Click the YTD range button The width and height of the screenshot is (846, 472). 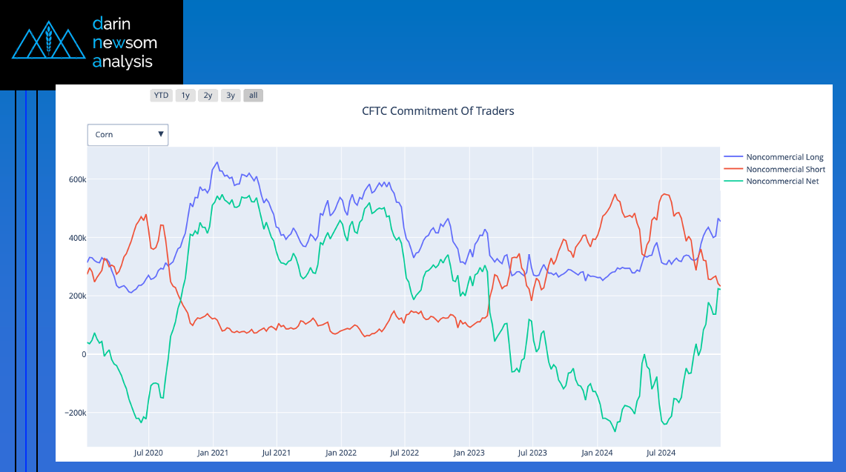[x=161, y=96]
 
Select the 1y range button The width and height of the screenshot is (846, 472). [x=185, y=96]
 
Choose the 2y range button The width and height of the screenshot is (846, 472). [x=208, y=96]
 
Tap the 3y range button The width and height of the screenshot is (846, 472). [x=231, y=96]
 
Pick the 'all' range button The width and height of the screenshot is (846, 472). [x=254, y=96]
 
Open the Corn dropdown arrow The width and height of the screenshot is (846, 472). [x=160, y=135]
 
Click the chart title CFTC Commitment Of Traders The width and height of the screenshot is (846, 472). [x=437, y=111]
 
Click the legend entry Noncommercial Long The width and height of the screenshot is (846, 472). [x=784, y=157]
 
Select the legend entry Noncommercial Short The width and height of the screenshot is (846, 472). [x=785, y=169]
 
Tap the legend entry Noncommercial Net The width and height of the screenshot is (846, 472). [x=782, y=181]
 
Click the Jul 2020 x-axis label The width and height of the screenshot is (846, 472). [x=148, y=452]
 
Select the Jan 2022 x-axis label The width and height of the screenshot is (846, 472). [x=341, y=452]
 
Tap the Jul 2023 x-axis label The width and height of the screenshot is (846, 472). [x=532, y=452]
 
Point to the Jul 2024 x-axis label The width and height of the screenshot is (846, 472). [x=661, y=452]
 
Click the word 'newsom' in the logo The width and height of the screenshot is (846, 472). [x=125, y=43]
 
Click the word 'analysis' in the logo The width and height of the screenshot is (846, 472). [x=122, y=62]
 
